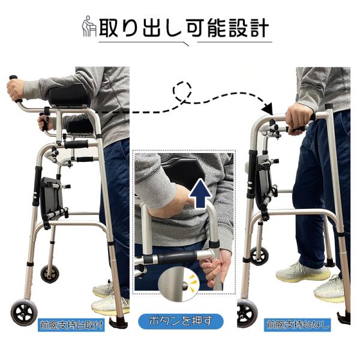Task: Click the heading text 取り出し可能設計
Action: click(184, 28)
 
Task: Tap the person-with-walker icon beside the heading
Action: click(89, 26)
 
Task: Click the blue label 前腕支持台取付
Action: click(71, 325)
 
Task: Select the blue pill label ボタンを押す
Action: click(181, 321)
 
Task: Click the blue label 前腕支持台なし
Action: click(298, 325)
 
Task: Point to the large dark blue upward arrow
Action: click(200, 194)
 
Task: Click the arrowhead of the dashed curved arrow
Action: click(268, 109)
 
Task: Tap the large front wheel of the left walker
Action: click(24, 313)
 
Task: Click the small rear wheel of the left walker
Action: click(50, 274)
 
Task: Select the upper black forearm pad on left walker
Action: click(69, 95)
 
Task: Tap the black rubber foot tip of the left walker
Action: click(118, 323)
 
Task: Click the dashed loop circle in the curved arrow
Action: click(182, 91)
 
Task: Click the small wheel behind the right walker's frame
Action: click(259, 256)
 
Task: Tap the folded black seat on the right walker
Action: click(264, 181)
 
